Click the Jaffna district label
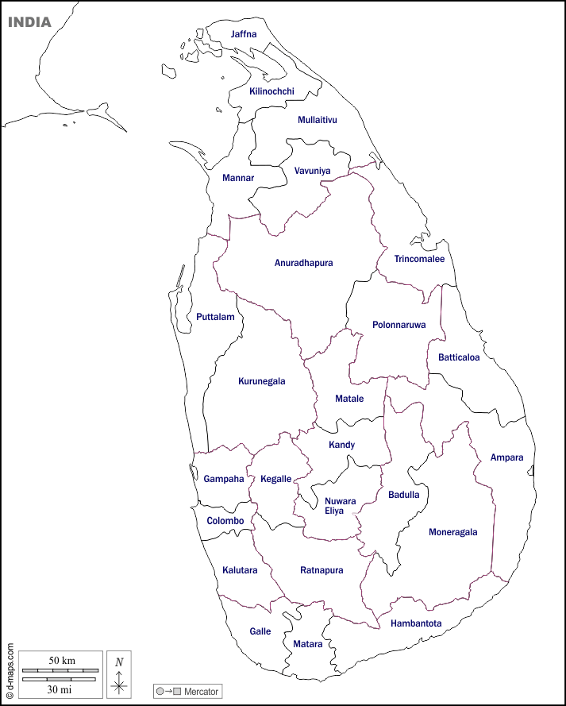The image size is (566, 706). [x=244, y=34]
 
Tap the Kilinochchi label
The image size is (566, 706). [x=271, y=91]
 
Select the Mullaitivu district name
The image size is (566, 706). [x=318, y=120]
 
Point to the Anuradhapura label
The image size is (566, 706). [x=303, y=263]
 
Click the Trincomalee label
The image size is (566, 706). [x=419, y=259]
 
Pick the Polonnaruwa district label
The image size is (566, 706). [x=399, y=325]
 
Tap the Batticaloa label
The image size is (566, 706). [x=459, y=357]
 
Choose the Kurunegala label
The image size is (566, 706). [x=261, y=381]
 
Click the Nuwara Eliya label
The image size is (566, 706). [x=340, y=506]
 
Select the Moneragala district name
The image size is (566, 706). [x=453, y=532]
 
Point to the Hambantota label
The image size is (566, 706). [x=416, y=623]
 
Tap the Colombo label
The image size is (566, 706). [x=225, y=521]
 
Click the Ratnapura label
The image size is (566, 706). [x=322, y=570]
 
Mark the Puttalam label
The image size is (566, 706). [x=215, y=317]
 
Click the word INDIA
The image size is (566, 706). [x=29, y=22]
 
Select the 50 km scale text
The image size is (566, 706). [x=62, y=661]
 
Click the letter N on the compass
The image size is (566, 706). [x=119, y=662]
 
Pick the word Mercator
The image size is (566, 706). [x=201, y=692]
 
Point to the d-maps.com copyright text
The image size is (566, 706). [x=10, y=665]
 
